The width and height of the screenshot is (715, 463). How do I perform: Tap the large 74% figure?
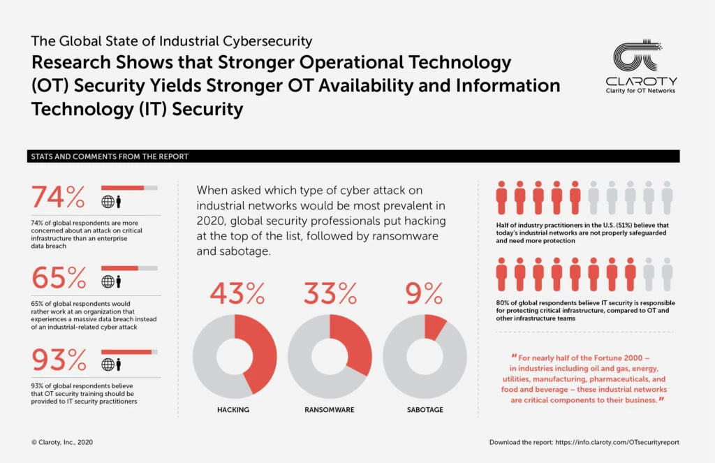pos(59,198)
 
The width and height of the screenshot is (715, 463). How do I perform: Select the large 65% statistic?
pos(59,278)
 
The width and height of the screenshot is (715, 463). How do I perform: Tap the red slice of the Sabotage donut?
pos(435,325)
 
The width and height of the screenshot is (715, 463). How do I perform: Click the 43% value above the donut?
pos(237,294)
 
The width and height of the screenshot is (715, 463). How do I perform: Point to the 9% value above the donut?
pos(424,294)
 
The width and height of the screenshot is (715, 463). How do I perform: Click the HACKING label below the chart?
pos(234,409)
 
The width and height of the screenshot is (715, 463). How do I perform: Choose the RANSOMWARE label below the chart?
pos(329,409)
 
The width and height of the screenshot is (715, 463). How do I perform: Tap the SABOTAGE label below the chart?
pos(424,409)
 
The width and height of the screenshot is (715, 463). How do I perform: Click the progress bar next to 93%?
pos(129,352)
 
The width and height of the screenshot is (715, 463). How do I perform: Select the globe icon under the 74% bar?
pos(108,203)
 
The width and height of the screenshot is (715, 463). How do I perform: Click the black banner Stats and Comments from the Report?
pos(353,156)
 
